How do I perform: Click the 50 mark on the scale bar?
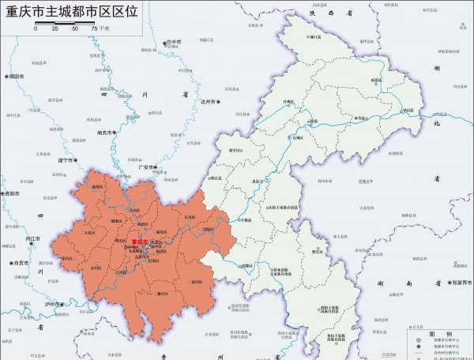tap(74, 28)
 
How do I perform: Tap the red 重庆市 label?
tap(140, 242)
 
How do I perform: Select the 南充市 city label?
tap(104, 133)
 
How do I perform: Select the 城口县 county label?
tap(314, 36)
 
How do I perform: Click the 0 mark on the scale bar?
tap(35, 28)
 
